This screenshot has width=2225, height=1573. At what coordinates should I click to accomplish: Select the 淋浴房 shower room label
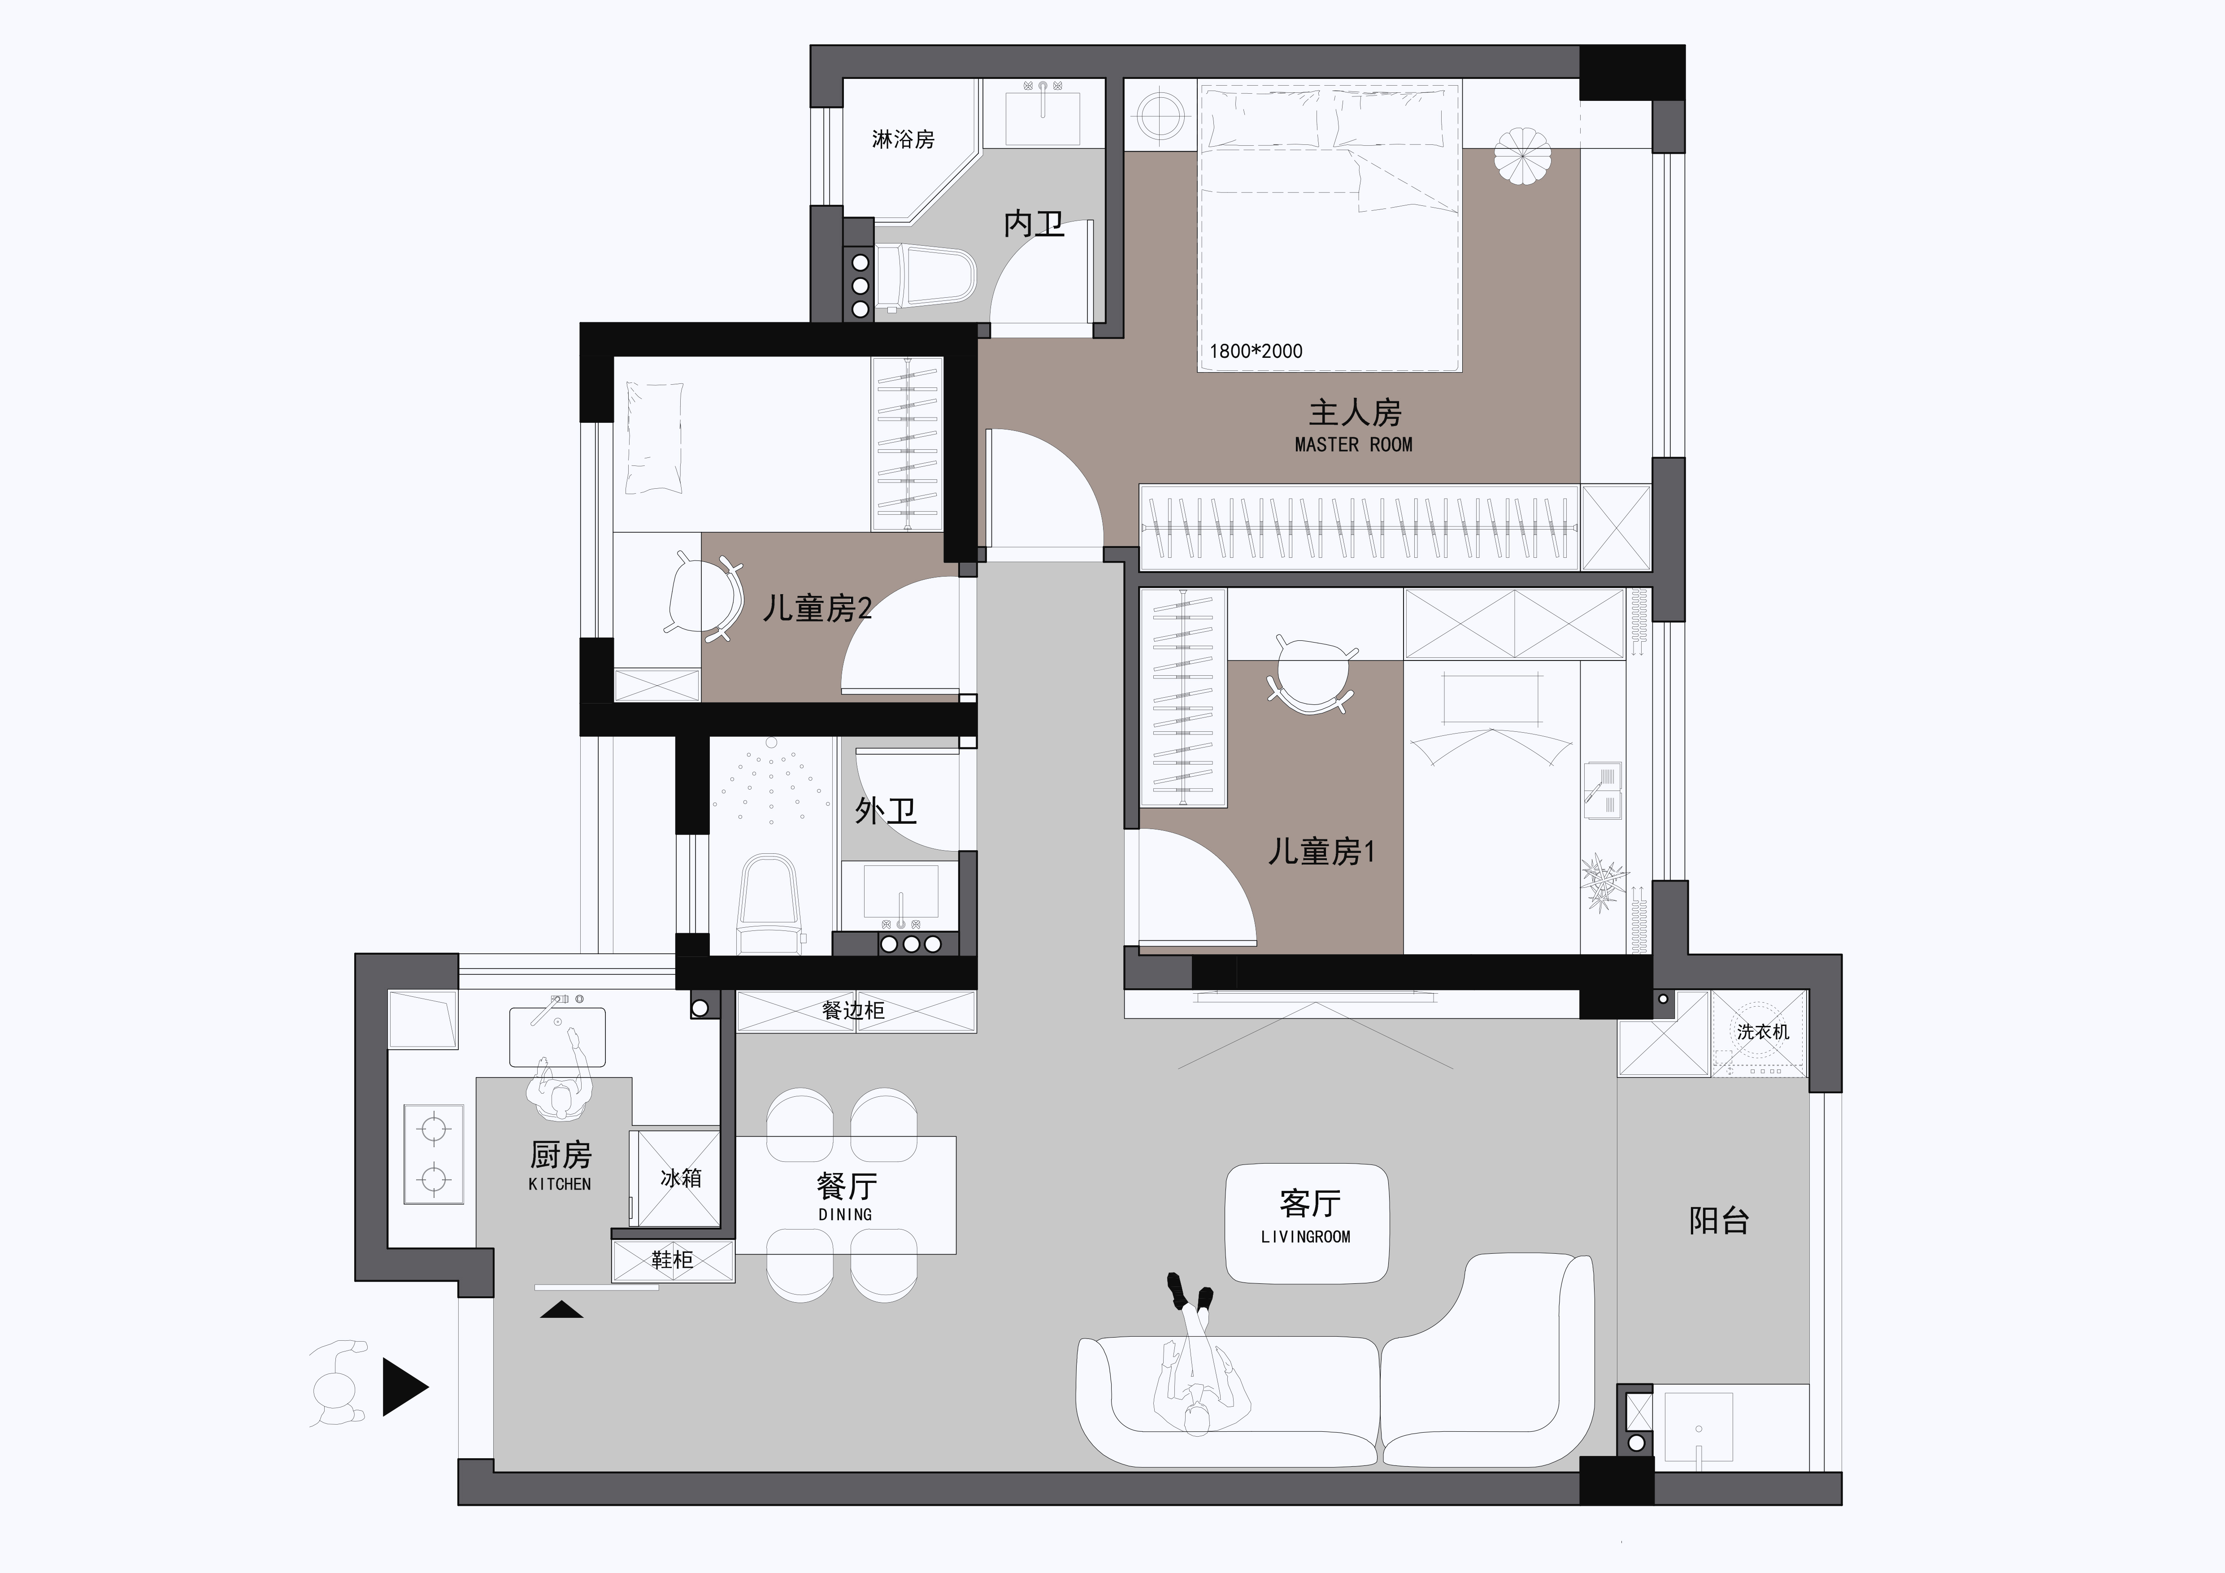(x=903, y=139)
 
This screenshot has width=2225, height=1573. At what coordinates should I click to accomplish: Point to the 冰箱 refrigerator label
(x=680, y=1178)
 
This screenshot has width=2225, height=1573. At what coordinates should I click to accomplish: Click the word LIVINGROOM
(x=1305, y=1237)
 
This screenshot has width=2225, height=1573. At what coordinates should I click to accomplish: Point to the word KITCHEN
(x=559, y=1184)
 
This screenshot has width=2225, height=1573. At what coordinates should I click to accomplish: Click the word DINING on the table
(x=845, y=1214)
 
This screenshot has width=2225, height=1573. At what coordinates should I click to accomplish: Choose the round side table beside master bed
(x=1159, y=115)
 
